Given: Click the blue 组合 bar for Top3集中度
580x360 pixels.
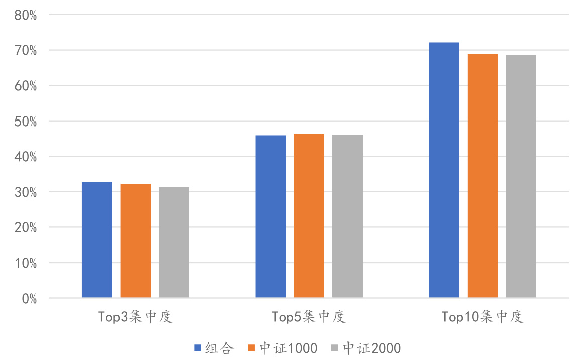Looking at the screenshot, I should click(x=97, y=239).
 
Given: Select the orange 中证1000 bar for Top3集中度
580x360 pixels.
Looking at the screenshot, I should click(x=135, y=241).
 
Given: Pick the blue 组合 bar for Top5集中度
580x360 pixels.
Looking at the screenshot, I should click(x=270, y=216).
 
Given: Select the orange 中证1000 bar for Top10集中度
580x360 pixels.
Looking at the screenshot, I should click(x=483, y=176).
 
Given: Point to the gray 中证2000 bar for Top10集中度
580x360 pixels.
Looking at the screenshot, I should click(x=521, y=176).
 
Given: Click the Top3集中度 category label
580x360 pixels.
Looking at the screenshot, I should click(x=135, y=317).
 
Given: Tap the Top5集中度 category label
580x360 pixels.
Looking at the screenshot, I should click(x=309, y=317).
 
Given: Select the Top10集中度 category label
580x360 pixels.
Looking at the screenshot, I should click(x=483, y=317).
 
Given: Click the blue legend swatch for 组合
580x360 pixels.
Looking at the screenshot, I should click(x=198, y=348).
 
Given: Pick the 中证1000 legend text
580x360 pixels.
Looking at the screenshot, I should click(x=289, y=348).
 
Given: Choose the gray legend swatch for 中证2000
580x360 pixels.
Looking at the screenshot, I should click(x=335, y=348).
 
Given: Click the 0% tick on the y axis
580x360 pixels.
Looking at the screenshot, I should click(x=29, y=298).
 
